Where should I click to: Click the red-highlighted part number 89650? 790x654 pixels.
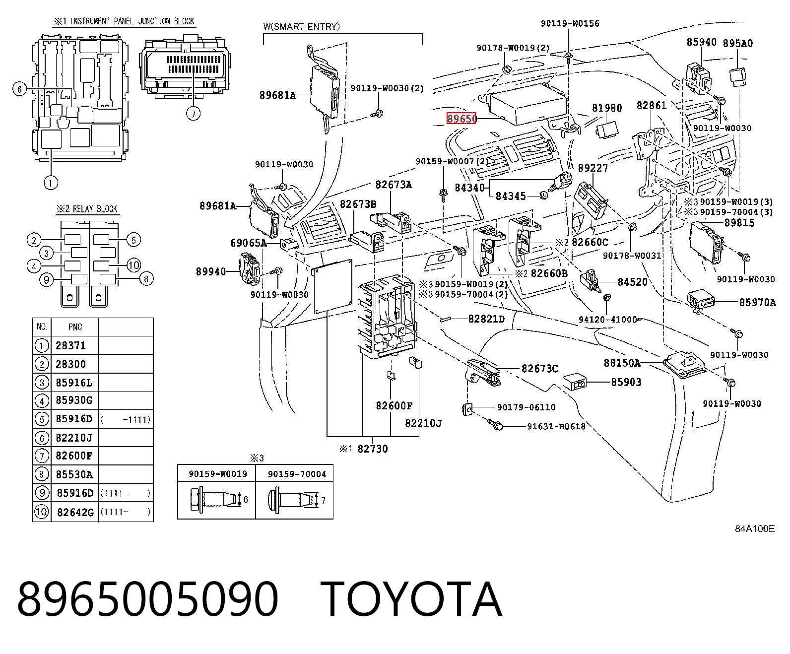click(x=461, y=119)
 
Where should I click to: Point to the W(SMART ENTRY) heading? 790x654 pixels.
click(x=302, y=26)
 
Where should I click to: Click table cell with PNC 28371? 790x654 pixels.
click(x=71, y=345)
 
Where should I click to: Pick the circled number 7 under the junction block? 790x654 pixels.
click(x=194, y=113)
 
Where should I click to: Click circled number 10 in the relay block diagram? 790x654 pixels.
click(x=133, y=265)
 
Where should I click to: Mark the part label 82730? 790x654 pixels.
click(x=373, y=449)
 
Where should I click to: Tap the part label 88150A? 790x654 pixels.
click(x=622, y=363)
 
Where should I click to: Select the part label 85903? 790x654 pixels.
click(x=626, y=382)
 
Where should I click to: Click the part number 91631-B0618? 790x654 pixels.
click(x=556, y=427)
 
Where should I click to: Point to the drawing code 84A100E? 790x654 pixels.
click(x=755, y=528)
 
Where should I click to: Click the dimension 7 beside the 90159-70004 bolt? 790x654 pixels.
click(x=323, y=500)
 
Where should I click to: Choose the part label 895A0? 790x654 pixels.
click(x=738, y=44)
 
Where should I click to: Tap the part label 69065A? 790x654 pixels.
click(x=249, y=243)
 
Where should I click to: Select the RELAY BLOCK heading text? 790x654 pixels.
click(x=95, y=209)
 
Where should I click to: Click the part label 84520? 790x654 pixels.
click(x=633, y=281)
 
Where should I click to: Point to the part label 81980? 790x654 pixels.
click(x=607, y=108)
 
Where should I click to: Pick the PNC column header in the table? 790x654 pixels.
click(x=75, y=327)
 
